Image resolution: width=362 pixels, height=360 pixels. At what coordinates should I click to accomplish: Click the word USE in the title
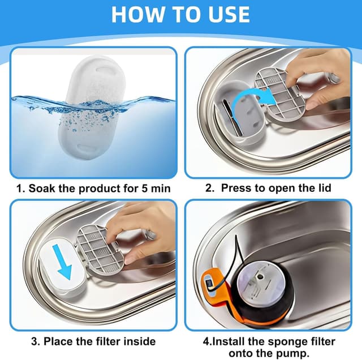pyautogui.click(x=227, y=14)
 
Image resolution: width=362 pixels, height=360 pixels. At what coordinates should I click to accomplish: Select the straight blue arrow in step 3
pyautogui.click(x=62, y=262)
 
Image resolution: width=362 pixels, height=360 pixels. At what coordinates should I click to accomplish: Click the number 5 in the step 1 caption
pyautogui.click(x=145, y=188)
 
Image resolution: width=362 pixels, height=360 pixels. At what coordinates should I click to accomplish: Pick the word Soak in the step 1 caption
pyautogui.click(x=42, y=188)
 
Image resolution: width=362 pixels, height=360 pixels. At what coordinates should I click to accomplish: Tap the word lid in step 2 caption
pyautogui.click(x=324, y=188)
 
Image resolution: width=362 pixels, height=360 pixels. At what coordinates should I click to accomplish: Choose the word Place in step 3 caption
pyautogui.click(x=58, y=341)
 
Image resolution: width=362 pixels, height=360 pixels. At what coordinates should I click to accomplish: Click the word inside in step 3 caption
pyautogui.click(x=140, y=341)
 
